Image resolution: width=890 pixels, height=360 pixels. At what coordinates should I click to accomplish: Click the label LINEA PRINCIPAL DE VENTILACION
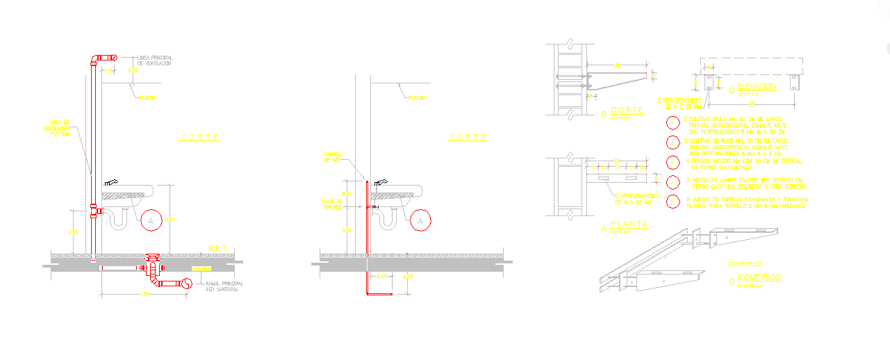tap(154, 60)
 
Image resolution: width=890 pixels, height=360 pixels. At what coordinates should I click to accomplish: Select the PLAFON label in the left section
tap(147, 98)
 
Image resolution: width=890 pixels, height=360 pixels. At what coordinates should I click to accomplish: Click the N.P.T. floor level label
tap(218, 247)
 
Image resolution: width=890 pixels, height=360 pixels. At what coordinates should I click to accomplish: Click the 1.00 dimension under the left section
tap(145, 294)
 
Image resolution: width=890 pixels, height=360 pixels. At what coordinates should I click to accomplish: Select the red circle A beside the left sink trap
tap(150, 220)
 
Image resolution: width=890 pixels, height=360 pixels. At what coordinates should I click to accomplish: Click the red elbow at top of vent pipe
tap(104, 58)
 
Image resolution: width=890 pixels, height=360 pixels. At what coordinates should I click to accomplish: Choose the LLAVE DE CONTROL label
tap(332, 204)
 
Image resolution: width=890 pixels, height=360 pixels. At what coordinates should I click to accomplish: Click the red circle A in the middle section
tap(420, 220)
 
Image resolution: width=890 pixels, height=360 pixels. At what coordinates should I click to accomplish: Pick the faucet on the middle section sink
tap(380, 182)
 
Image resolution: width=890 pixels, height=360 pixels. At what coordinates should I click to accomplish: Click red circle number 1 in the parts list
tap(673, 124)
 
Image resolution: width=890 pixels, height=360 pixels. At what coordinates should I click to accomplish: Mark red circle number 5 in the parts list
tap(673, 202)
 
